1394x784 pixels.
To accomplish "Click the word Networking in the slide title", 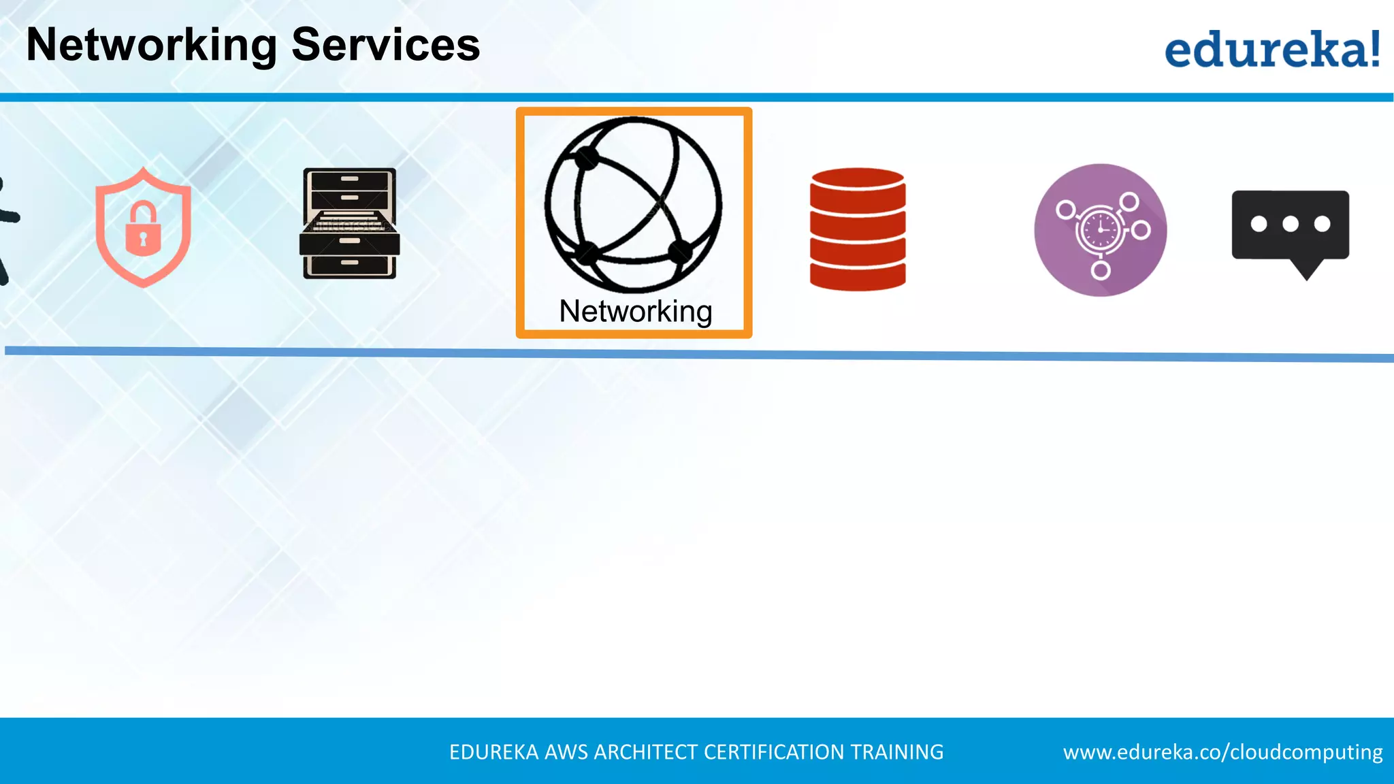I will (151, 46).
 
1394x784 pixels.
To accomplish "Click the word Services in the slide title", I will (385, 46).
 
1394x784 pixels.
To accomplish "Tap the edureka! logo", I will (1271, 49).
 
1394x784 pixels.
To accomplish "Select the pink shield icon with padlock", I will (143, 227).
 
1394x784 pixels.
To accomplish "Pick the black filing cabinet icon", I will (349, 223).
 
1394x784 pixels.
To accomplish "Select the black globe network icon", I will (633, 204).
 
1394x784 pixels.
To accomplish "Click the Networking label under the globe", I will (635, 312).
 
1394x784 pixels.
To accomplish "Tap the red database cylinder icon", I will (858, 229).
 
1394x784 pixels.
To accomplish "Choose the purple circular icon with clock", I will (1100, 230).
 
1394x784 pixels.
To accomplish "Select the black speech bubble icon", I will (1290, 227).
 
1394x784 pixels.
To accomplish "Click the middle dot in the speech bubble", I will (1290, 224).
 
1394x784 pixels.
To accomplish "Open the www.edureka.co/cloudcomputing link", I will (1222, 752).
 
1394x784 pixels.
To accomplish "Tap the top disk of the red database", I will (858, 180).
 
